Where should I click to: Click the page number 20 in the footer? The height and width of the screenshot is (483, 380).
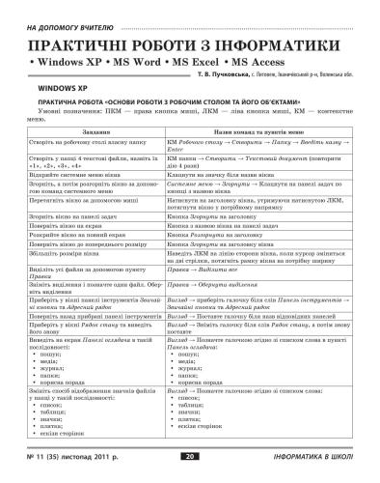click(190, 455)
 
